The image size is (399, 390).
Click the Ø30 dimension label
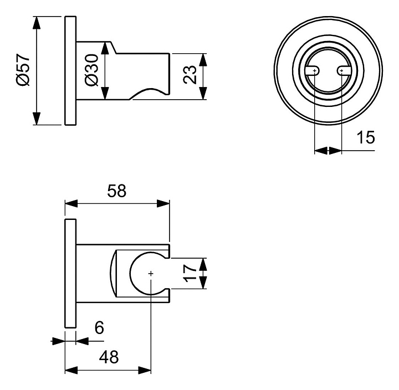[x=92, y=70]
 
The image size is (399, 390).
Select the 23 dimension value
[x=190, y=74]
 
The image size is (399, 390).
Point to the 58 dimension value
[x=117, y=191]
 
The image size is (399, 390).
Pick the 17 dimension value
[x=190, y=273]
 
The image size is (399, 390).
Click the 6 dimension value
[x=99, y=329]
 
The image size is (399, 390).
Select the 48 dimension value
[x=108, y=357]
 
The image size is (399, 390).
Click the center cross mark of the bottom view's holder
[x=151, y=273]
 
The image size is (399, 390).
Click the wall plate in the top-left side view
[x=70, y=70]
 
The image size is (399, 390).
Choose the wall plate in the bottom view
[x=70, y=274]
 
